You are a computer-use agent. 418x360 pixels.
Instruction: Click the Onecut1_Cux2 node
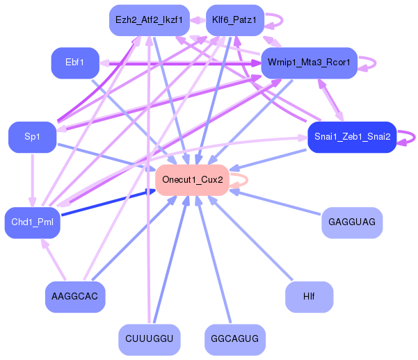pyautogui.click(x=192, y=180)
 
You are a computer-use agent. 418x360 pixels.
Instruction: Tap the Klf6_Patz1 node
pyautogui.click(x=234, y=20)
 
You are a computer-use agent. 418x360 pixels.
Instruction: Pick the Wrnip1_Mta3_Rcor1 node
pyautogui.click(x=309, y=63)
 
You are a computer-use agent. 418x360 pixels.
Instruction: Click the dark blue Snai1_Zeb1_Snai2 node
pyautogui.click(x=351, y=138)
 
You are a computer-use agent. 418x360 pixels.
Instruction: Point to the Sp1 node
pyautogui.click(x=32, y=138)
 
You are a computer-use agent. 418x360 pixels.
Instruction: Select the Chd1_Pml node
pyautogui.click(x=32, y=222)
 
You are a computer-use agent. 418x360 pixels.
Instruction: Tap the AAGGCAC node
pyautogui.click(x=75, y=297)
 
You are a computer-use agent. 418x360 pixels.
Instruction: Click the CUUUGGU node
pyautogui.click(x=149, y=340)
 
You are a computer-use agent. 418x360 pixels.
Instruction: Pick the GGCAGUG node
pyautogui.click(x=235, y=340)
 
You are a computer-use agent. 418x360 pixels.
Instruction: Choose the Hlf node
pyautogui.click(x=309, y=297)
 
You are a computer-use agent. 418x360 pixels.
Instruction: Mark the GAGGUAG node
pyautogui.click(x=352, y=222)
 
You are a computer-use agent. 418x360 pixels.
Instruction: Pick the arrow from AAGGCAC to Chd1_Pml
pyautogui.click(x=56, y=261)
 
